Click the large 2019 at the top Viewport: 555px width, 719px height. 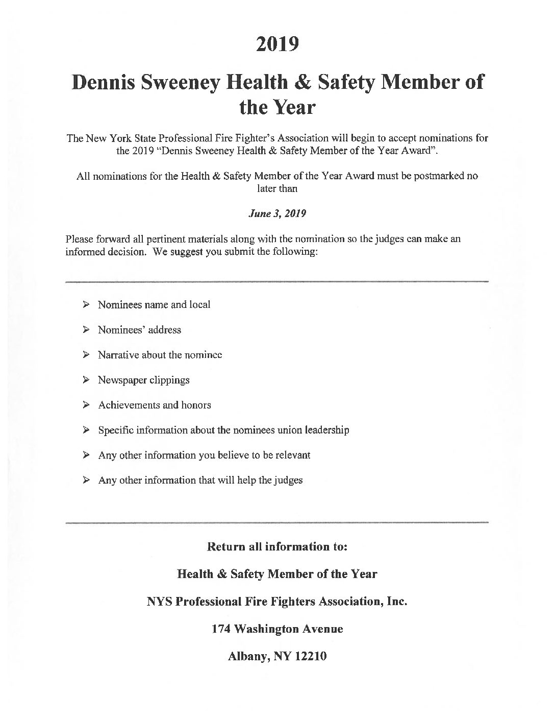pos(277,44)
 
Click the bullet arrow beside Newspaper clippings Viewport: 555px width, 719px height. pos(87,380)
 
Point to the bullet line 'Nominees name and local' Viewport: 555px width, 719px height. pos(154,305)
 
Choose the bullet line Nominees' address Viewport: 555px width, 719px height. pos(139,330)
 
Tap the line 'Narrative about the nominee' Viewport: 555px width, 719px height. pos(160,355)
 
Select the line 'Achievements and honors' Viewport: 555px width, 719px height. pos(154,405)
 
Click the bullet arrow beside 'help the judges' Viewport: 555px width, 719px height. pos(87,480)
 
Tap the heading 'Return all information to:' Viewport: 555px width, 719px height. pos(277,547)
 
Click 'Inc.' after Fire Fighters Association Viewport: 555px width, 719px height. pos(397,602)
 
